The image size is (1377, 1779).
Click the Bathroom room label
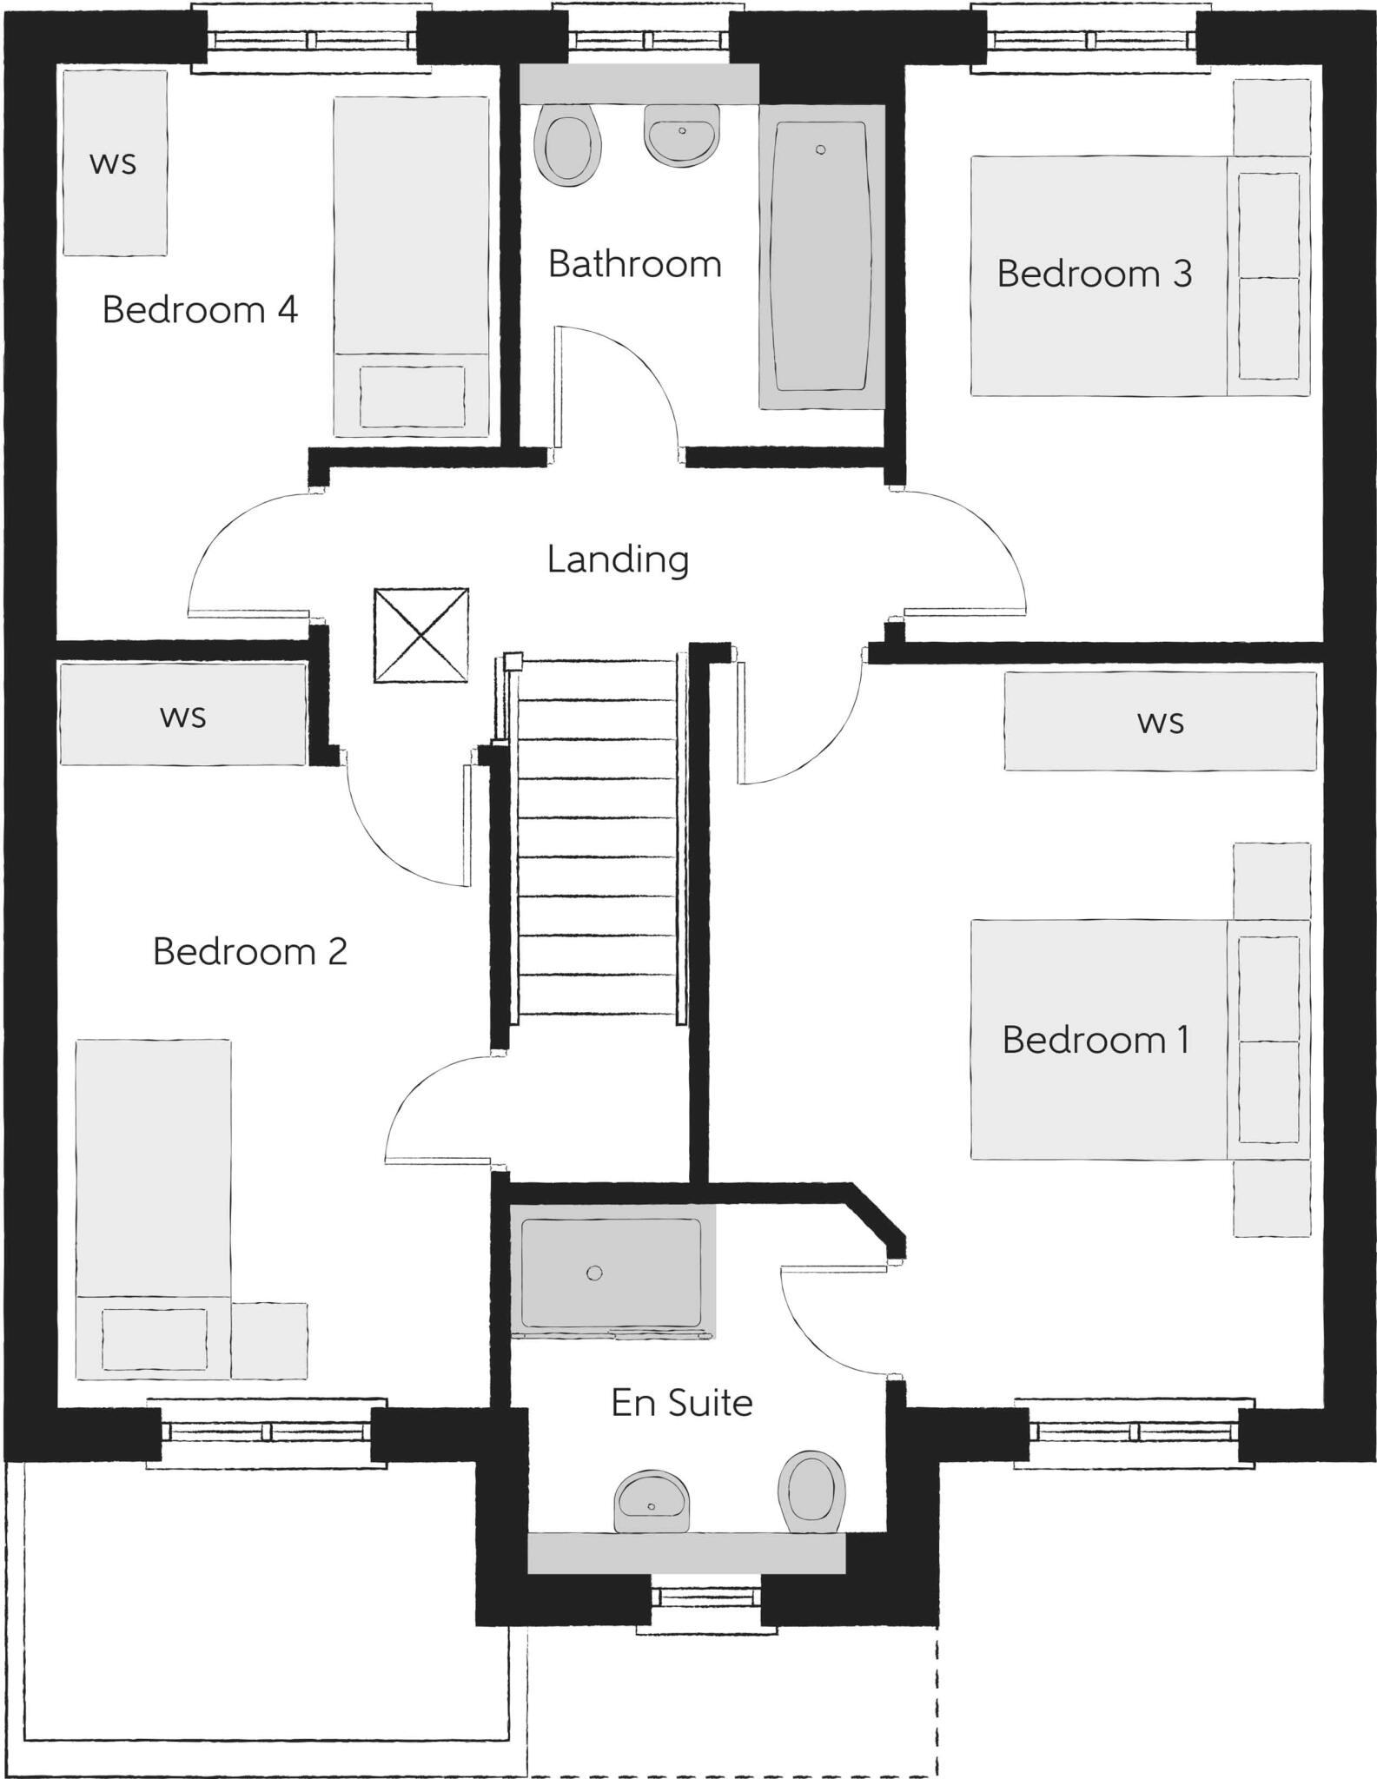tap(634, 264)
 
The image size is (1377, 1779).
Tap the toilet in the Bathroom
tap(568, 145)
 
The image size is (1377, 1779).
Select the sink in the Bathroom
tap(682, 136)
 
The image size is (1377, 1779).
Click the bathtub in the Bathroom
tap(821, 256)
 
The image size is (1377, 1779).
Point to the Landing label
tap(618, 559)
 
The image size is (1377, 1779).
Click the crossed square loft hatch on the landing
tap(421, 635)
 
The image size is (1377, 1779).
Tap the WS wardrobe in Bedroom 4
tap(115, 163)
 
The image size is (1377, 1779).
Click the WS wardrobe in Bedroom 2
tap(183, 714)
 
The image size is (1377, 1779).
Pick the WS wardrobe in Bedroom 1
tap(1160, 721)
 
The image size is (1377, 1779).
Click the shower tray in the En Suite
tap(611, 1273)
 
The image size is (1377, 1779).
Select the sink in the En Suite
tap(652, 1502)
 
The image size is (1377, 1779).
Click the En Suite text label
tap(682, 1403)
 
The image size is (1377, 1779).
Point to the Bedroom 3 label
tap(1094, 274)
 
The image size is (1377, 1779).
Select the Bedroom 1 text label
tap(1095, 1041)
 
